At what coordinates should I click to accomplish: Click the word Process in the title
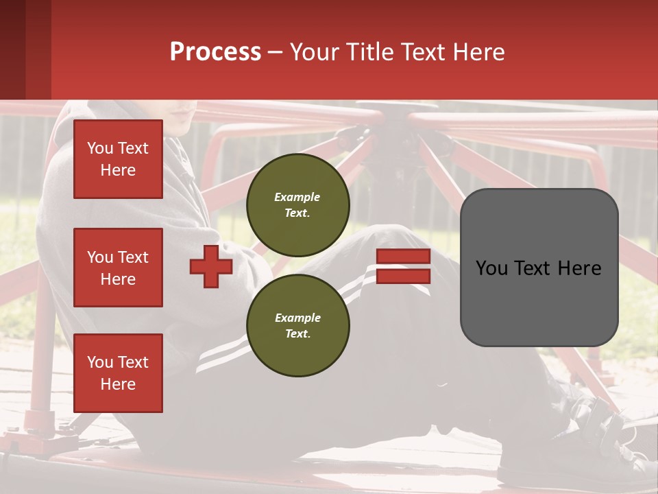pos(215,52)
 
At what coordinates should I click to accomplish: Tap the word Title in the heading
pos(368,52)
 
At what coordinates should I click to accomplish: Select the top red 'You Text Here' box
pos(118,159)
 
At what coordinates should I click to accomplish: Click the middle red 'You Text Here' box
pos(118,268)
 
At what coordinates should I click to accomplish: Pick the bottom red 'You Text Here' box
pos(118,373)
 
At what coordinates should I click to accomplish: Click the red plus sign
pos(211,267)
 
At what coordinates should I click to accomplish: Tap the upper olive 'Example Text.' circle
pos(298,204)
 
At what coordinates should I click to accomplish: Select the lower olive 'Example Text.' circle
pos(298,325)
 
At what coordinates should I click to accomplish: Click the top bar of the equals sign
pos(403,257)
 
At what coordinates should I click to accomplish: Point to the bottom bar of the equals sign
pos(403,276)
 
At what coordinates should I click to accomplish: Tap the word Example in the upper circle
pos(297,197)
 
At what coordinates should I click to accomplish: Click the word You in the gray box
pos(491,268)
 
